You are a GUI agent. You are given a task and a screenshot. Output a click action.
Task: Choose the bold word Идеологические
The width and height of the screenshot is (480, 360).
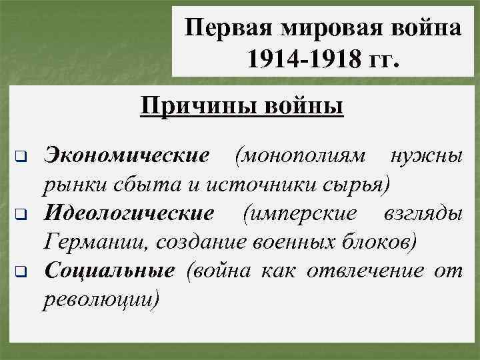(x=129, y=213)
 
